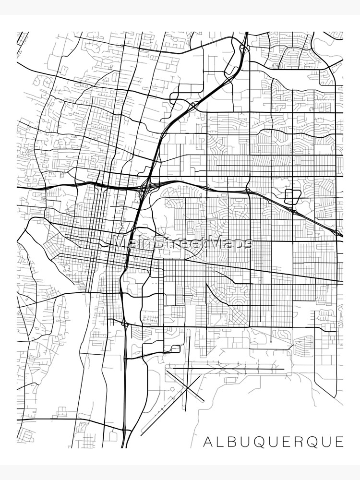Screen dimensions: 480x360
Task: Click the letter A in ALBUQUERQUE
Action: [x=207, y=441]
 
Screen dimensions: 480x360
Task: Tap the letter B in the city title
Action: [x=233, y=441]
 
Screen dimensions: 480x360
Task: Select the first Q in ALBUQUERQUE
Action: [x=261, y=441]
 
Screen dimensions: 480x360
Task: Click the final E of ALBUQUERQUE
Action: [x=340, y=441]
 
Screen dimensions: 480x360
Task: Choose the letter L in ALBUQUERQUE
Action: [x=220, y=441]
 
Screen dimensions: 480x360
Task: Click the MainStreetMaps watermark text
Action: [x=182, y=243]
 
